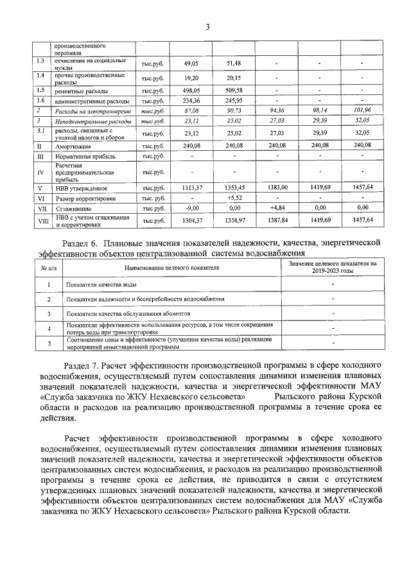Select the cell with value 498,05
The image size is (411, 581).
point(192,91)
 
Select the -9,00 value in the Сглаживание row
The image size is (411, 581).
point(192,209)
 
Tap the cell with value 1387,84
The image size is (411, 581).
point(276,220)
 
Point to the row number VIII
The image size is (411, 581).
point(42,220)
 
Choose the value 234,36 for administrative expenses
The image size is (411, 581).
point(192,101)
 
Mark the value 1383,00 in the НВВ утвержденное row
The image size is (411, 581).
point(276,187)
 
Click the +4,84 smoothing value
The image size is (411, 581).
point(276,209)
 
